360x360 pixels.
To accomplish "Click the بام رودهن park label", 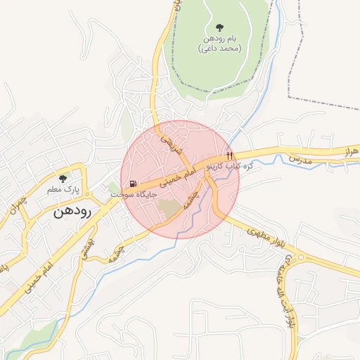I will (220, 39).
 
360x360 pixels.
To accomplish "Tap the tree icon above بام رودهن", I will (220, 27).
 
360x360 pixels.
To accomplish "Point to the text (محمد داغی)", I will (220, 49).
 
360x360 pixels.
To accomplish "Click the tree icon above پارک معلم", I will (63, 179).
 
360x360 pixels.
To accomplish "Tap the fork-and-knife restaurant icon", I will (229, 155).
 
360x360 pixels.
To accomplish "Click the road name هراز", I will (350, 150).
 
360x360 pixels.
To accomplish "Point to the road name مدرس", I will (318, 160).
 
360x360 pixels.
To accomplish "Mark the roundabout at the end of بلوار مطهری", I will (303, 258).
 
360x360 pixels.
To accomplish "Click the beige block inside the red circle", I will (169, 208).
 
